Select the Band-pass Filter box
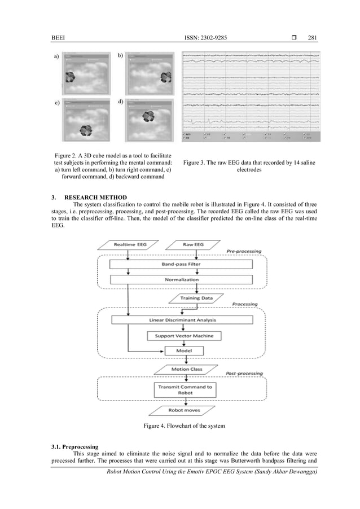(177, 264)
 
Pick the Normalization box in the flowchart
(177, 279)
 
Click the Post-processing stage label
(241, 374)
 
